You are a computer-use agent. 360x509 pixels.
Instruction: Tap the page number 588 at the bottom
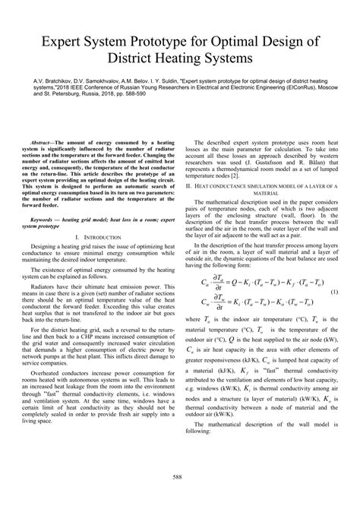[179, 476]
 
